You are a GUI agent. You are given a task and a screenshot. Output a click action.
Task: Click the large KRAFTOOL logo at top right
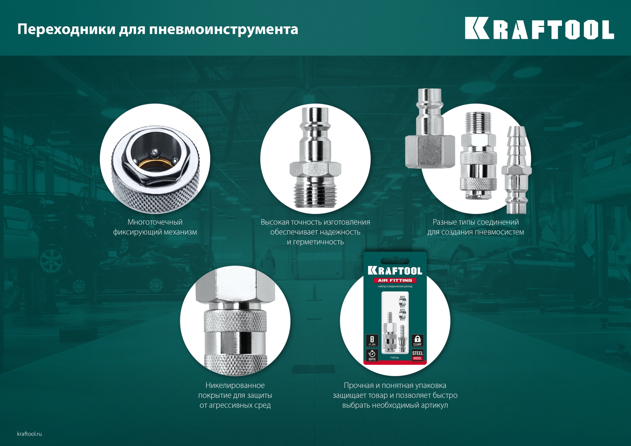(x=539, y=29)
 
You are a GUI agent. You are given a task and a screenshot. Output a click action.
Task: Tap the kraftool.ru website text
(x=29, y=434)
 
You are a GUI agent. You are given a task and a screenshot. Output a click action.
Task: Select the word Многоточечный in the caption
(x=155, y=222)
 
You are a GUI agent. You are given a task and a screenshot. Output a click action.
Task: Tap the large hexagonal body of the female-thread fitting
(x=430, y=151)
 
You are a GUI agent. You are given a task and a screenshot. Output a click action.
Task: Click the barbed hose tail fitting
(x=517, y=148)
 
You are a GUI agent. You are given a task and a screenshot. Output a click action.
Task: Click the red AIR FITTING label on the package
(x=395, y=280)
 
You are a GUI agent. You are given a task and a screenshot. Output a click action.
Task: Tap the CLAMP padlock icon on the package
(x=417, y=340)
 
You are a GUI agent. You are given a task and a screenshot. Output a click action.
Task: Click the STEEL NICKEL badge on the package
(x=417, y=355)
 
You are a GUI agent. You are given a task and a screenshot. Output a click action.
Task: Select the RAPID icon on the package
(x=372, y=355)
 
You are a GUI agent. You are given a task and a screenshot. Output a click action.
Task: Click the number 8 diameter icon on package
(x=372, y=340)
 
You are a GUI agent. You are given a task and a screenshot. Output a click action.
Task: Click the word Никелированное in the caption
(x=235, y=386)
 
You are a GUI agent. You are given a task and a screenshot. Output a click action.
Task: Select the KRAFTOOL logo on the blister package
(x=395, y=270)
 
